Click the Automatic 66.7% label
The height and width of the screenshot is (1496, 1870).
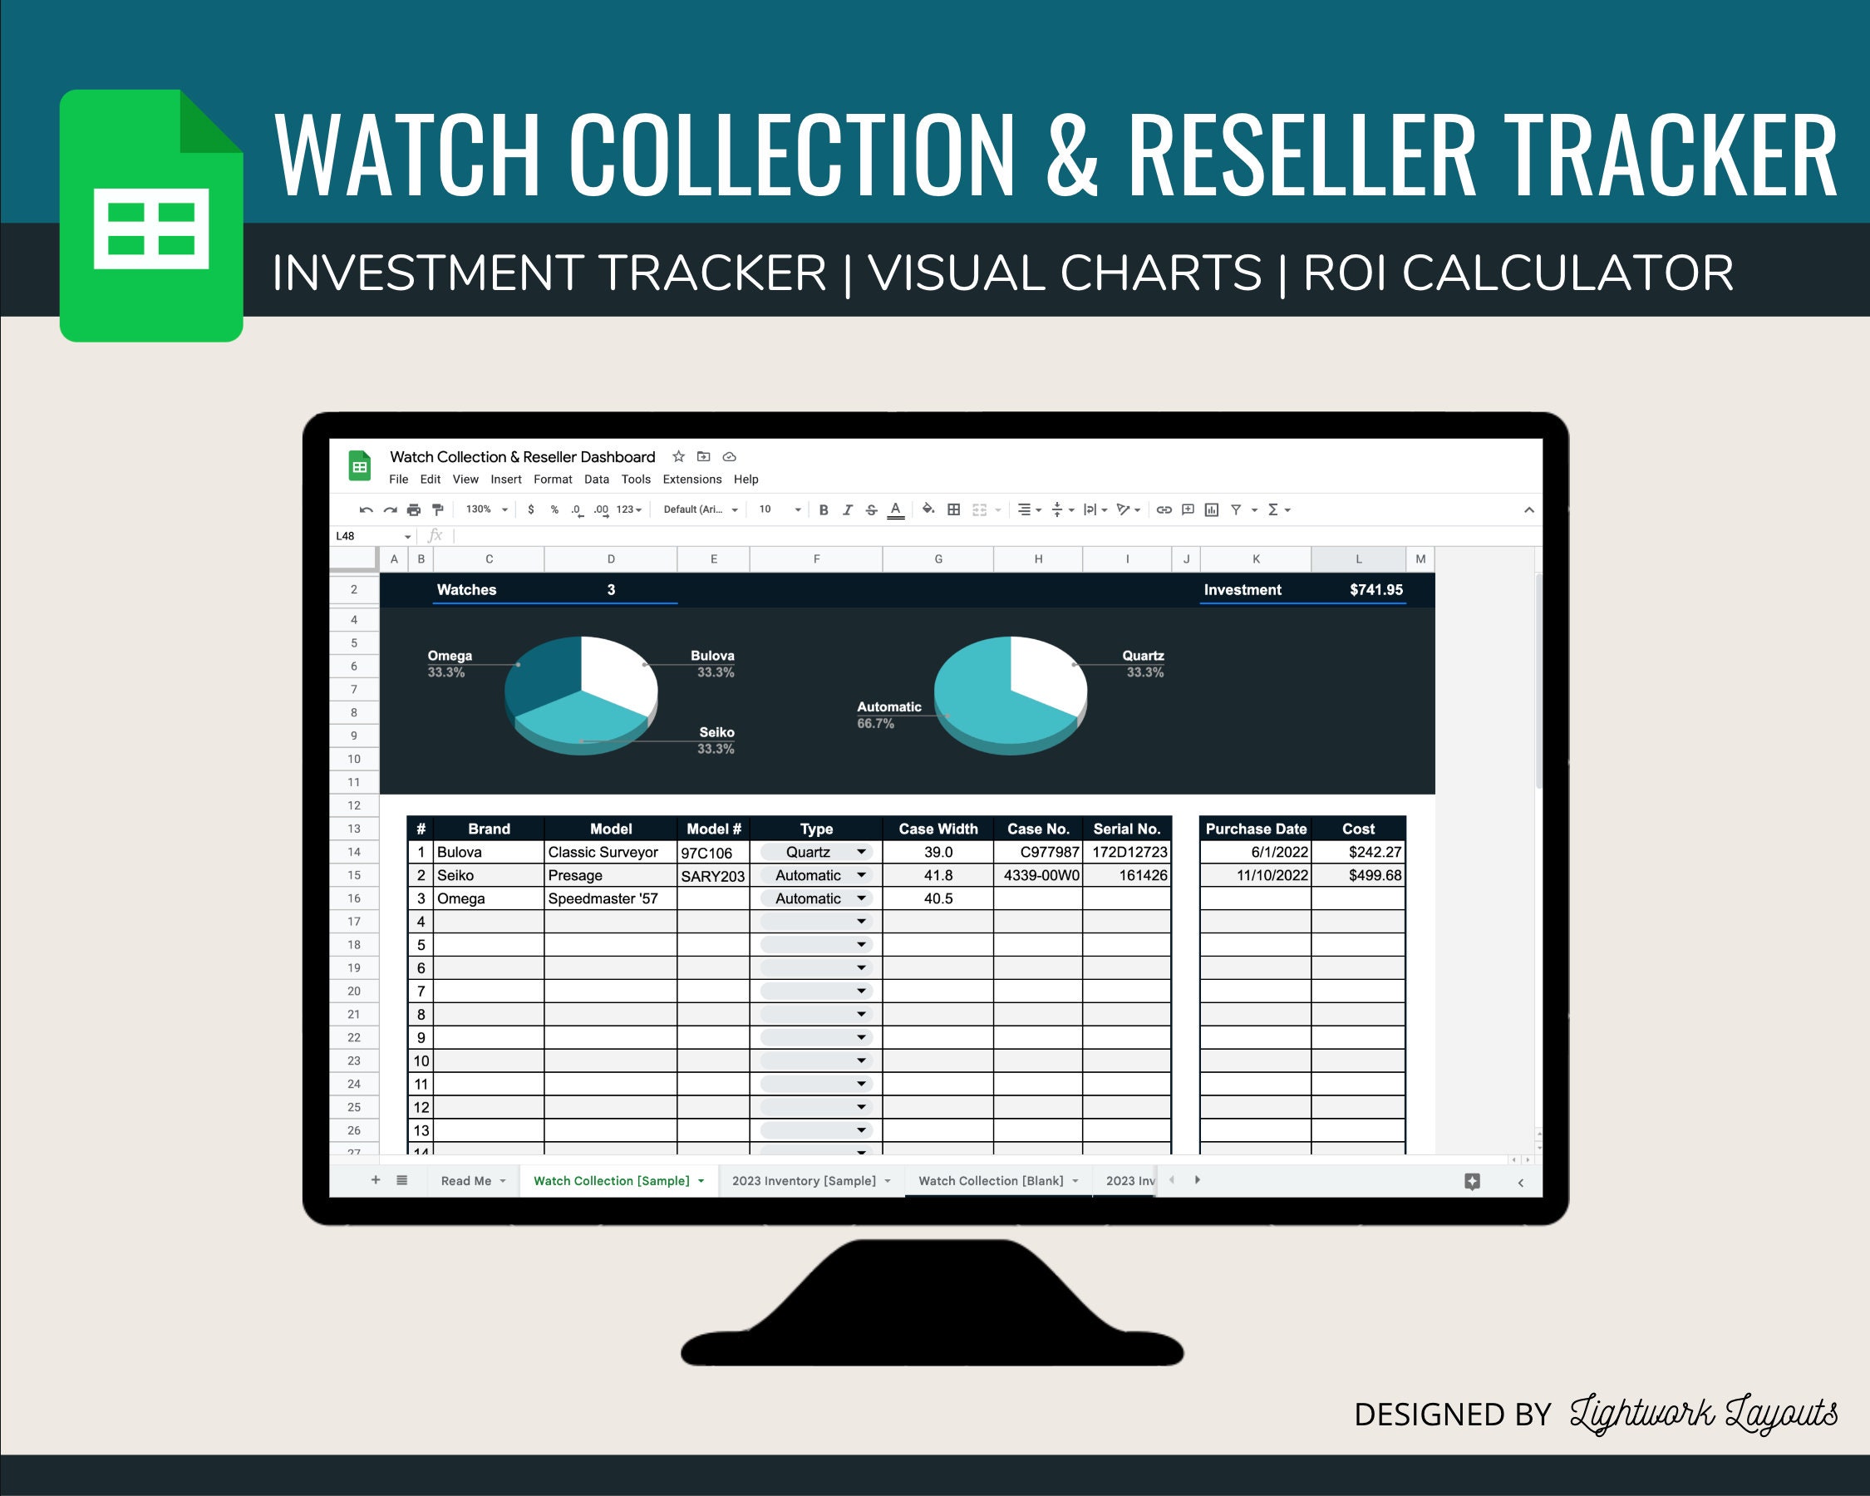point(888,715)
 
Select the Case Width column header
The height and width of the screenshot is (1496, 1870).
point(937,829)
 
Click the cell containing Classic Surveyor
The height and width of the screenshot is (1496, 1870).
point(603,852)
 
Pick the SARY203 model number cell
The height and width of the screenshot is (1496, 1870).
point(712,875)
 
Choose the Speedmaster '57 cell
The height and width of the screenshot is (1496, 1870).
point(603,898)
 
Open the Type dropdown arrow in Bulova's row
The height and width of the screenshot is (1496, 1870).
point(861,852)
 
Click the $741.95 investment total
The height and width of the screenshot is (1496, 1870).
point(1375,590)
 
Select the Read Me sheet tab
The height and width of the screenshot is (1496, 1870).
point(465,1180)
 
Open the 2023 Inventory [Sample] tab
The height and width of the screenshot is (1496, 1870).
point(804,1180)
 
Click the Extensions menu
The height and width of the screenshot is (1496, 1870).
point(691,479)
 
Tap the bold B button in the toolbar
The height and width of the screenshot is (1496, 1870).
point(823,510)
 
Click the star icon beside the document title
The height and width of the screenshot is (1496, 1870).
point(678,456)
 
